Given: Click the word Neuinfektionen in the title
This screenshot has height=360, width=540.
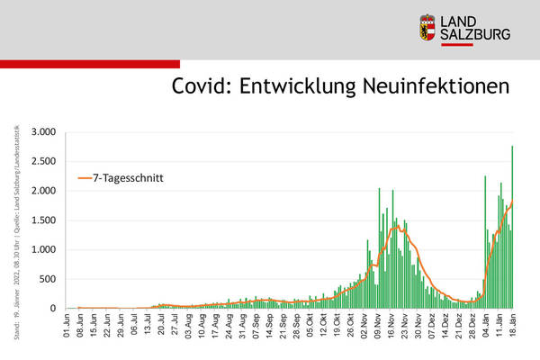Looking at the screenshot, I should pos(430,86).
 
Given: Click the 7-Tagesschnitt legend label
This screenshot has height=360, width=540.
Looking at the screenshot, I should pos(132,178).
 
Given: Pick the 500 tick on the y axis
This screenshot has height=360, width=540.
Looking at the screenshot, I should pos(49,279).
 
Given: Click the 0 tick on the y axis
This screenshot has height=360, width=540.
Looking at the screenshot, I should pos(53,309).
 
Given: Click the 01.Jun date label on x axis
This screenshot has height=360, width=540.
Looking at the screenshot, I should pos(67,326).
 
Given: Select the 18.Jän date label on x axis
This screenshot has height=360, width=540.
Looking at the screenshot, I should pos(513,326).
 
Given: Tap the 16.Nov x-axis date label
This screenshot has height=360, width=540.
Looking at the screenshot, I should pos(391,326).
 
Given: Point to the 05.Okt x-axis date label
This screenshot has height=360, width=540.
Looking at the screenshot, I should pos(310,326).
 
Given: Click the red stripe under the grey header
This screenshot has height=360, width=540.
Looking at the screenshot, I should pos(90,64).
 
